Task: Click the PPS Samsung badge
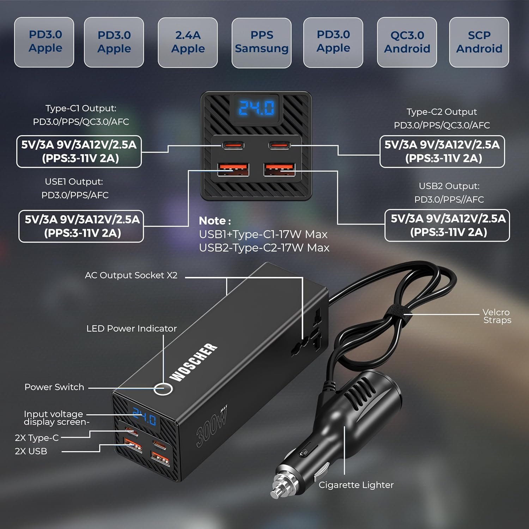(x=261, y=42)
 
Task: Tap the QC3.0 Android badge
(x=407, y=42)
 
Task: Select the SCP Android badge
(x=479, y=42)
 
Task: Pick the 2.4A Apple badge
(x=188, y=42)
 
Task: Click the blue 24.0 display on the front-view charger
(x=256, y=108)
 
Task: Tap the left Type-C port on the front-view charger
(x=233, y=145)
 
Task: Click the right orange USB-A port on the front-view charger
(x=280, y=170)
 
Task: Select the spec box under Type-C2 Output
(x=442, y=151)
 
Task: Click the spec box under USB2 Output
(x=447, y=225)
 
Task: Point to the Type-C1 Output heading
(x=81, y=109)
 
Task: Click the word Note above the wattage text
(x=214, y=221)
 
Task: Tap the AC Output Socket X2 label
(x=131, y=275)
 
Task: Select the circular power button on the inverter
(x=163, y=389)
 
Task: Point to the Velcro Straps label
(x=497, y=316)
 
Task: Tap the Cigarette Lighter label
(x=356, y=485)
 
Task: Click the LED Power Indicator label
(x=131, y=328)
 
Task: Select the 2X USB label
(x=31, y=451)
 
